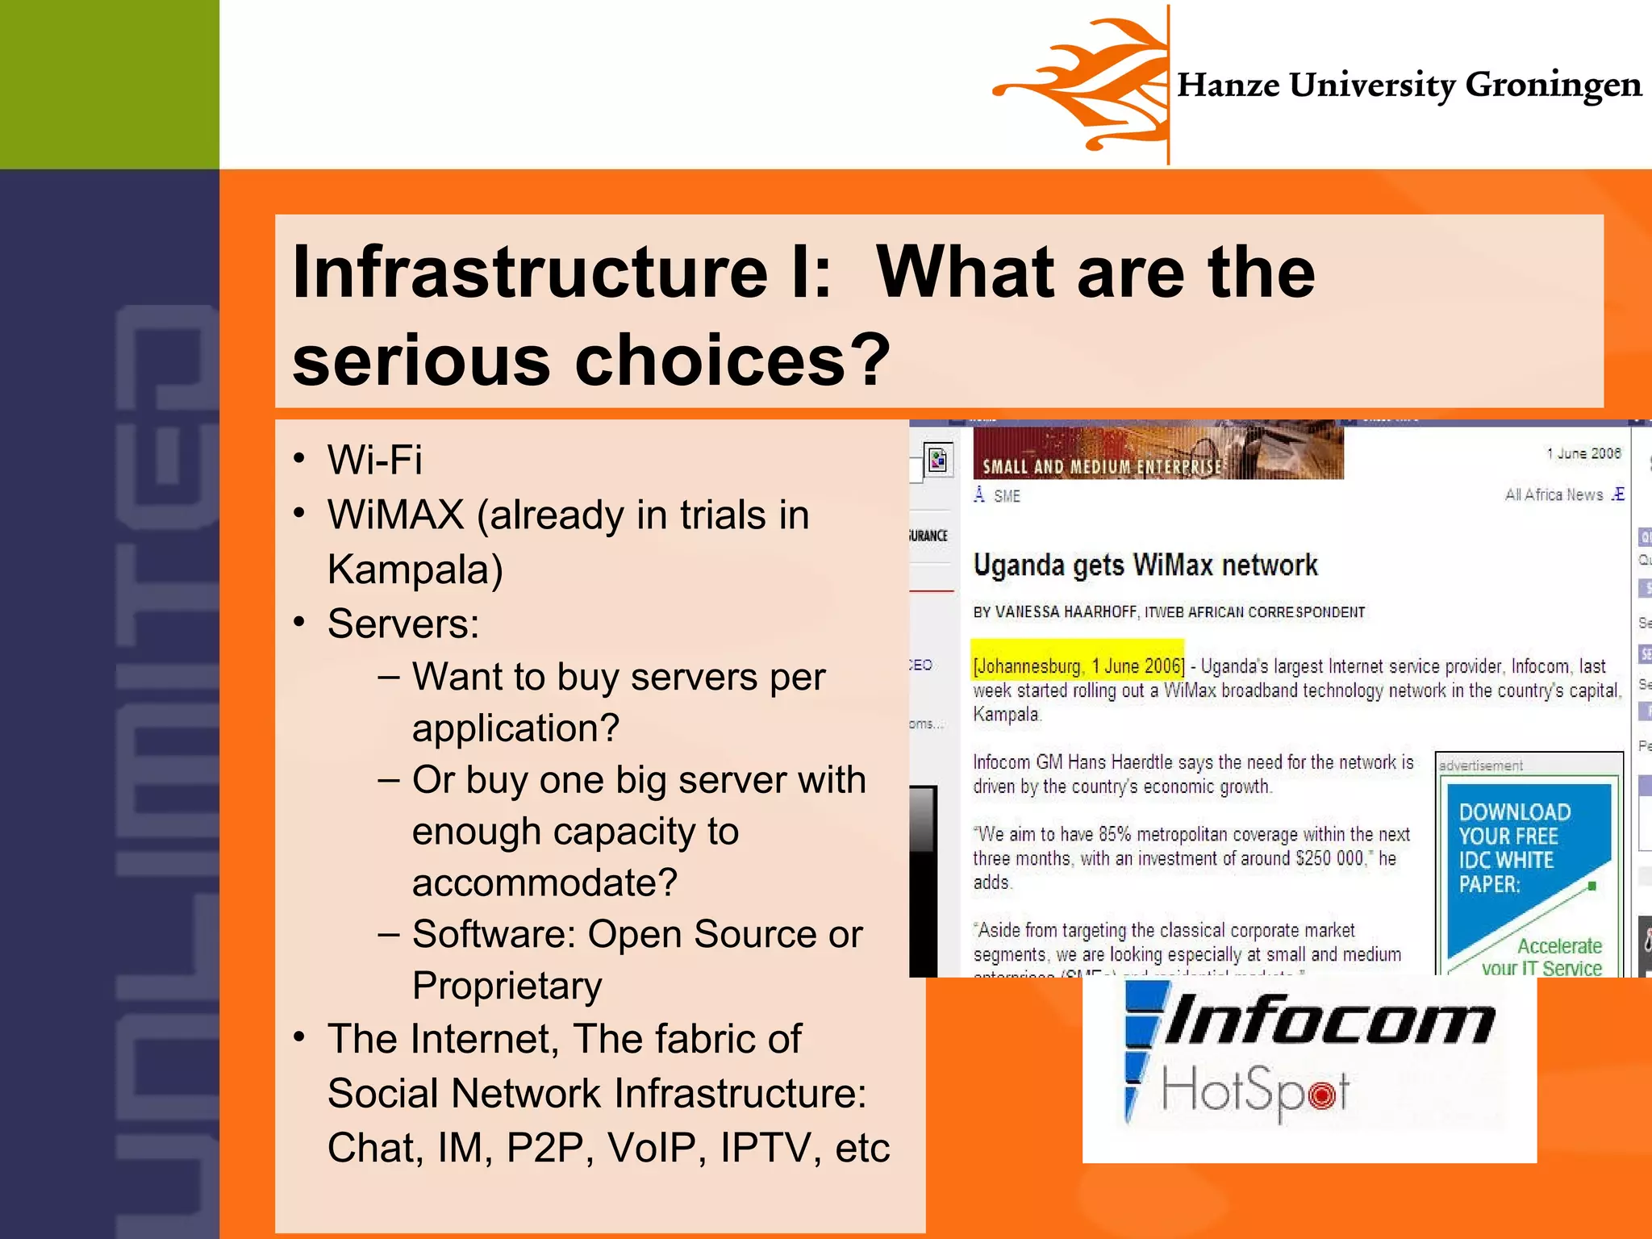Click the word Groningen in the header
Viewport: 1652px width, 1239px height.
(x=1553, y=86)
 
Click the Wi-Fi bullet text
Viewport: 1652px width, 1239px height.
(x=374, y=461)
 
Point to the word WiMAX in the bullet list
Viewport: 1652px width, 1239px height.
(x=395, y=515)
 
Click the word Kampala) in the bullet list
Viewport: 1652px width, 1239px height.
(x=415, y=569)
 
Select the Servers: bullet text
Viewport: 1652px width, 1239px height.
(x=403, y=624)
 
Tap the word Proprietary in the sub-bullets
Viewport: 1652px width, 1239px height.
(x=507, y=986)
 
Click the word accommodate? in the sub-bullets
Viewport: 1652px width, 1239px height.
(x=544, y=882)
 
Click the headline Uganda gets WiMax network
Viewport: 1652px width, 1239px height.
(x=1145, y=565)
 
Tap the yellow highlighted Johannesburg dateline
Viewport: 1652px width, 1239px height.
(x=1078, y=666)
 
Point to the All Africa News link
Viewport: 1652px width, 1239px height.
(x=1554, y=495)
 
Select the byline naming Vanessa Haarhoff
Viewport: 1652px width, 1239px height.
(x=1169, y=612)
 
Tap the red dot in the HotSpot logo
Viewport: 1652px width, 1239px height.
(x=1321, y=1095)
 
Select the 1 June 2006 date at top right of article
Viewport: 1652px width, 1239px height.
(x=1583, y=453)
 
